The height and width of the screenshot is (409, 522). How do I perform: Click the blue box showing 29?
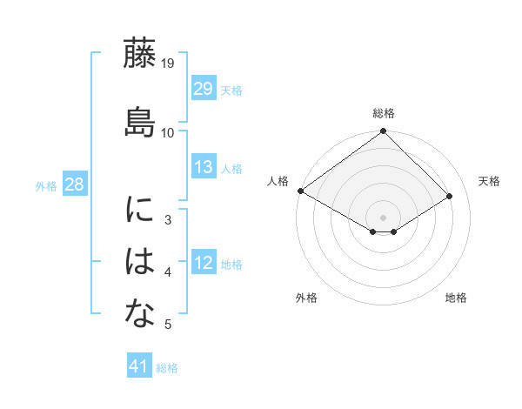point(204,89)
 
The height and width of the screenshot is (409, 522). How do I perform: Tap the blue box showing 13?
point(204,167)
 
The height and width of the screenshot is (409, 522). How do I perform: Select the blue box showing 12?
point(204,263)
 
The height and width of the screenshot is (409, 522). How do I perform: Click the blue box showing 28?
point(74,184)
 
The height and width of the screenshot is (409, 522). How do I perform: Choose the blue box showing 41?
point(139,366)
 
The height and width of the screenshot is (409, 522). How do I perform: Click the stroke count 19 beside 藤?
point(168,64)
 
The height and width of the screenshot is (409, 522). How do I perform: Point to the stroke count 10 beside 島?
point(168,132)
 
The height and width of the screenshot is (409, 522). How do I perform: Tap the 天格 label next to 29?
point(231,91)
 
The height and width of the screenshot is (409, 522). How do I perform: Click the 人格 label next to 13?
point(231,169)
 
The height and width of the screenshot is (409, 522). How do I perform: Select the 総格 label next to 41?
point(167,368)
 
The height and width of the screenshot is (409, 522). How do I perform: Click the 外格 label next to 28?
point(46,186)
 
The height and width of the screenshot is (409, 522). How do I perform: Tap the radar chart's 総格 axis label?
point(384,114)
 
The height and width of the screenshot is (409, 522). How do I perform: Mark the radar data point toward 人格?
point(300,191)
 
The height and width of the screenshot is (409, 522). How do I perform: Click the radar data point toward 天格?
point(450,197)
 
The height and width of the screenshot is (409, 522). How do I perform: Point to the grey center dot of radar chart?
point(384,217)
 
